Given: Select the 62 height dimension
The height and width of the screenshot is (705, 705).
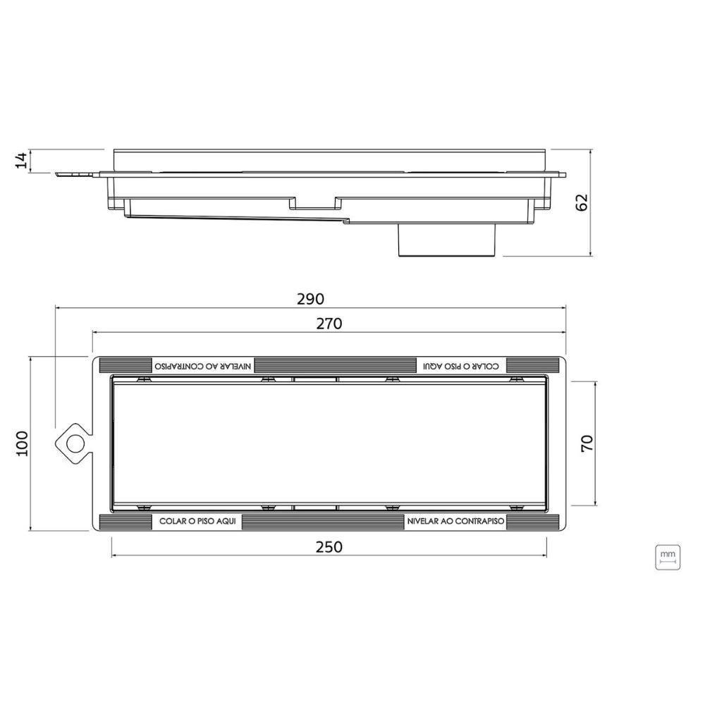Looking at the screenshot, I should click(x=582, y=202).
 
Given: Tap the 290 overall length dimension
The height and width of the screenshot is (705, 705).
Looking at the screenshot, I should click(x=310, y=298).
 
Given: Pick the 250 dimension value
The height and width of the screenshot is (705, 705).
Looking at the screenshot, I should click(x=329, y=546).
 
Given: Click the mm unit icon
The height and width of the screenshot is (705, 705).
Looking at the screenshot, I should click(x=667, y=556).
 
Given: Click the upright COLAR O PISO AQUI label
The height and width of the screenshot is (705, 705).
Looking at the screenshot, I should click(x=196, y=522).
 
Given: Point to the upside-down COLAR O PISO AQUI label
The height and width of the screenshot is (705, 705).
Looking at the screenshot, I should click(x=462, y=365).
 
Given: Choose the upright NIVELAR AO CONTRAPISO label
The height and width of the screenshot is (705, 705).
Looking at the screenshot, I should click(x=455, y=522).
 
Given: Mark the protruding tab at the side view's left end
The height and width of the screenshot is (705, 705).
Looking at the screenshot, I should click(x=74, y=173).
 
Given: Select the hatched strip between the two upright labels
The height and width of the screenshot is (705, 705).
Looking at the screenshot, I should click(x=323, y=522).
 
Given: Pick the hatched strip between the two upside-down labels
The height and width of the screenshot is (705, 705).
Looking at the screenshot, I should click(x=335, y=365).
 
